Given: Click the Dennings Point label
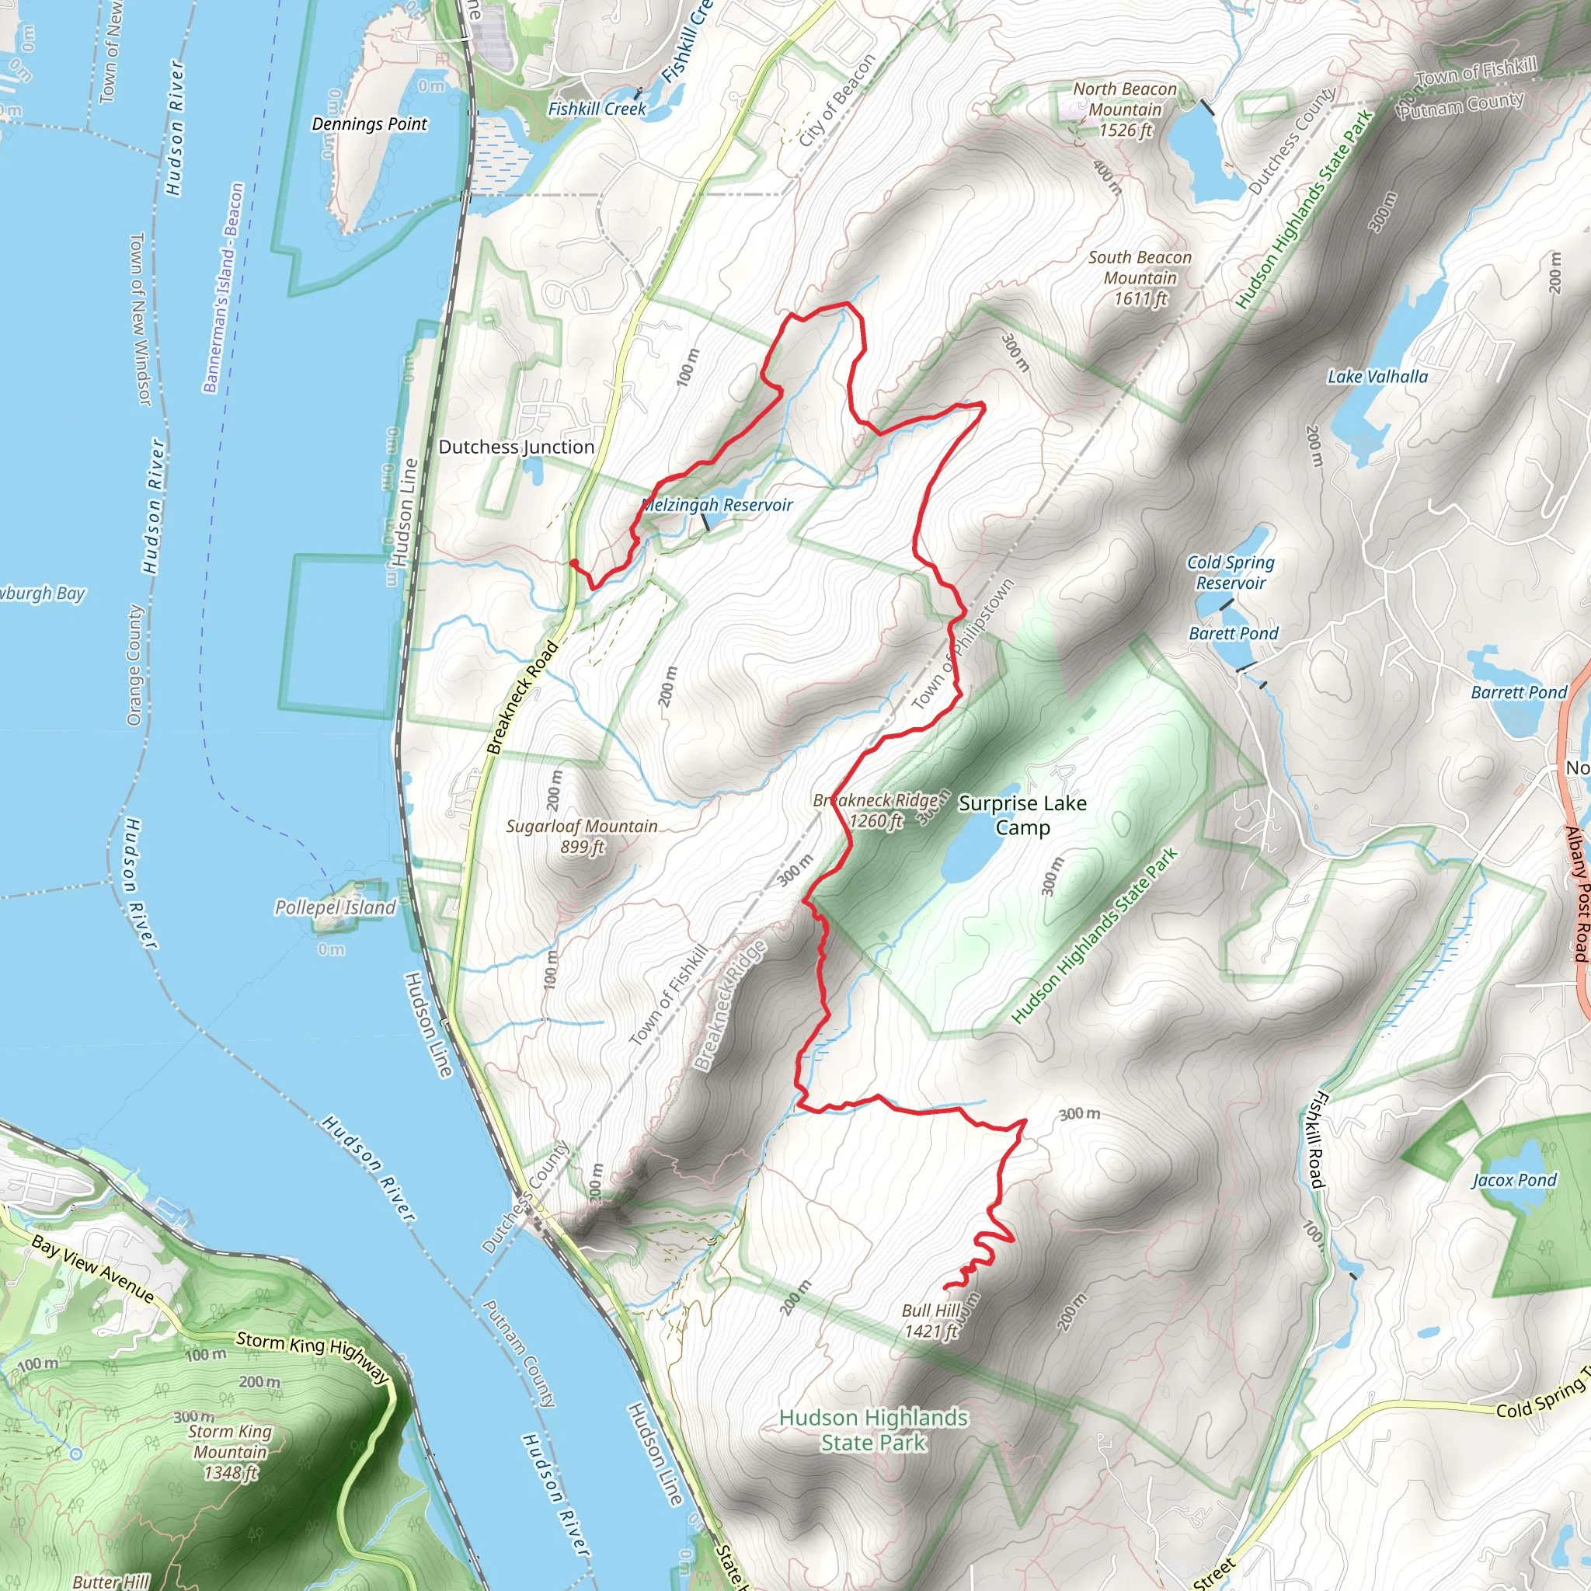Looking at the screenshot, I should (369, 124).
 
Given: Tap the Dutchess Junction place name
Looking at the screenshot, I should (516, 447).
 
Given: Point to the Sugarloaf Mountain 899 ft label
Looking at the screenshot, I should (581, 837).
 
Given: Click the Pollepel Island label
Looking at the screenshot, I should (335, 907).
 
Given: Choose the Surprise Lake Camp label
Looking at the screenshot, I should (1022, 814).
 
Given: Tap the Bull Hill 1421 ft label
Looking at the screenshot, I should (931, 1321).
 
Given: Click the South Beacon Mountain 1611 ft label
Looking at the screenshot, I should (1140, 278).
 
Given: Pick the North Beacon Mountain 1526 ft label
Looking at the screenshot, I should (1125, 110).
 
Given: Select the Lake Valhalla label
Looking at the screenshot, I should (1377, 377).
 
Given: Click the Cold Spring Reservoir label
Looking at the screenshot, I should (1231, 573).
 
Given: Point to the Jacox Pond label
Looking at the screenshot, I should (1513, 1180).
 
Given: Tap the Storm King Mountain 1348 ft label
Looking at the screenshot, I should (230, 1452).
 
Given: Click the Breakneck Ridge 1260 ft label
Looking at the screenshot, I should (875, 810).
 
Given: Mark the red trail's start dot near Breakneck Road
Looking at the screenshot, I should (573, 562).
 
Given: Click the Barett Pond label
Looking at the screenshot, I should (1233, 633).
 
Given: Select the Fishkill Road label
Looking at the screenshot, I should (1318, 1140).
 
